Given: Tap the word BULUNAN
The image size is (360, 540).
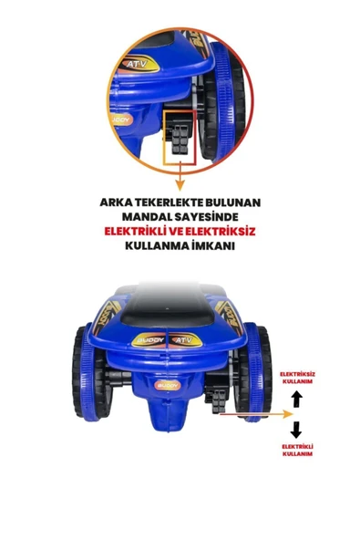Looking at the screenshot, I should point(243,202).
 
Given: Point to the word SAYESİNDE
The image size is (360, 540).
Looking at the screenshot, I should point(211,217).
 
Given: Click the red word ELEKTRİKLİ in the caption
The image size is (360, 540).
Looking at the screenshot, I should point(135,232).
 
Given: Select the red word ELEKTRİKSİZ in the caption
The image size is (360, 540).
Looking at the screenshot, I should point(223,232).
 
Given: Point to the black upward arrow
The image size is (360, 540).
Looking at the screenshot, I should point(296,399).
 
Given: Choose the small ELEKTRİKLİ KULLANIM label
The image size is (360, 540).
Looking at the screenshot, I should point(297,449).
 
